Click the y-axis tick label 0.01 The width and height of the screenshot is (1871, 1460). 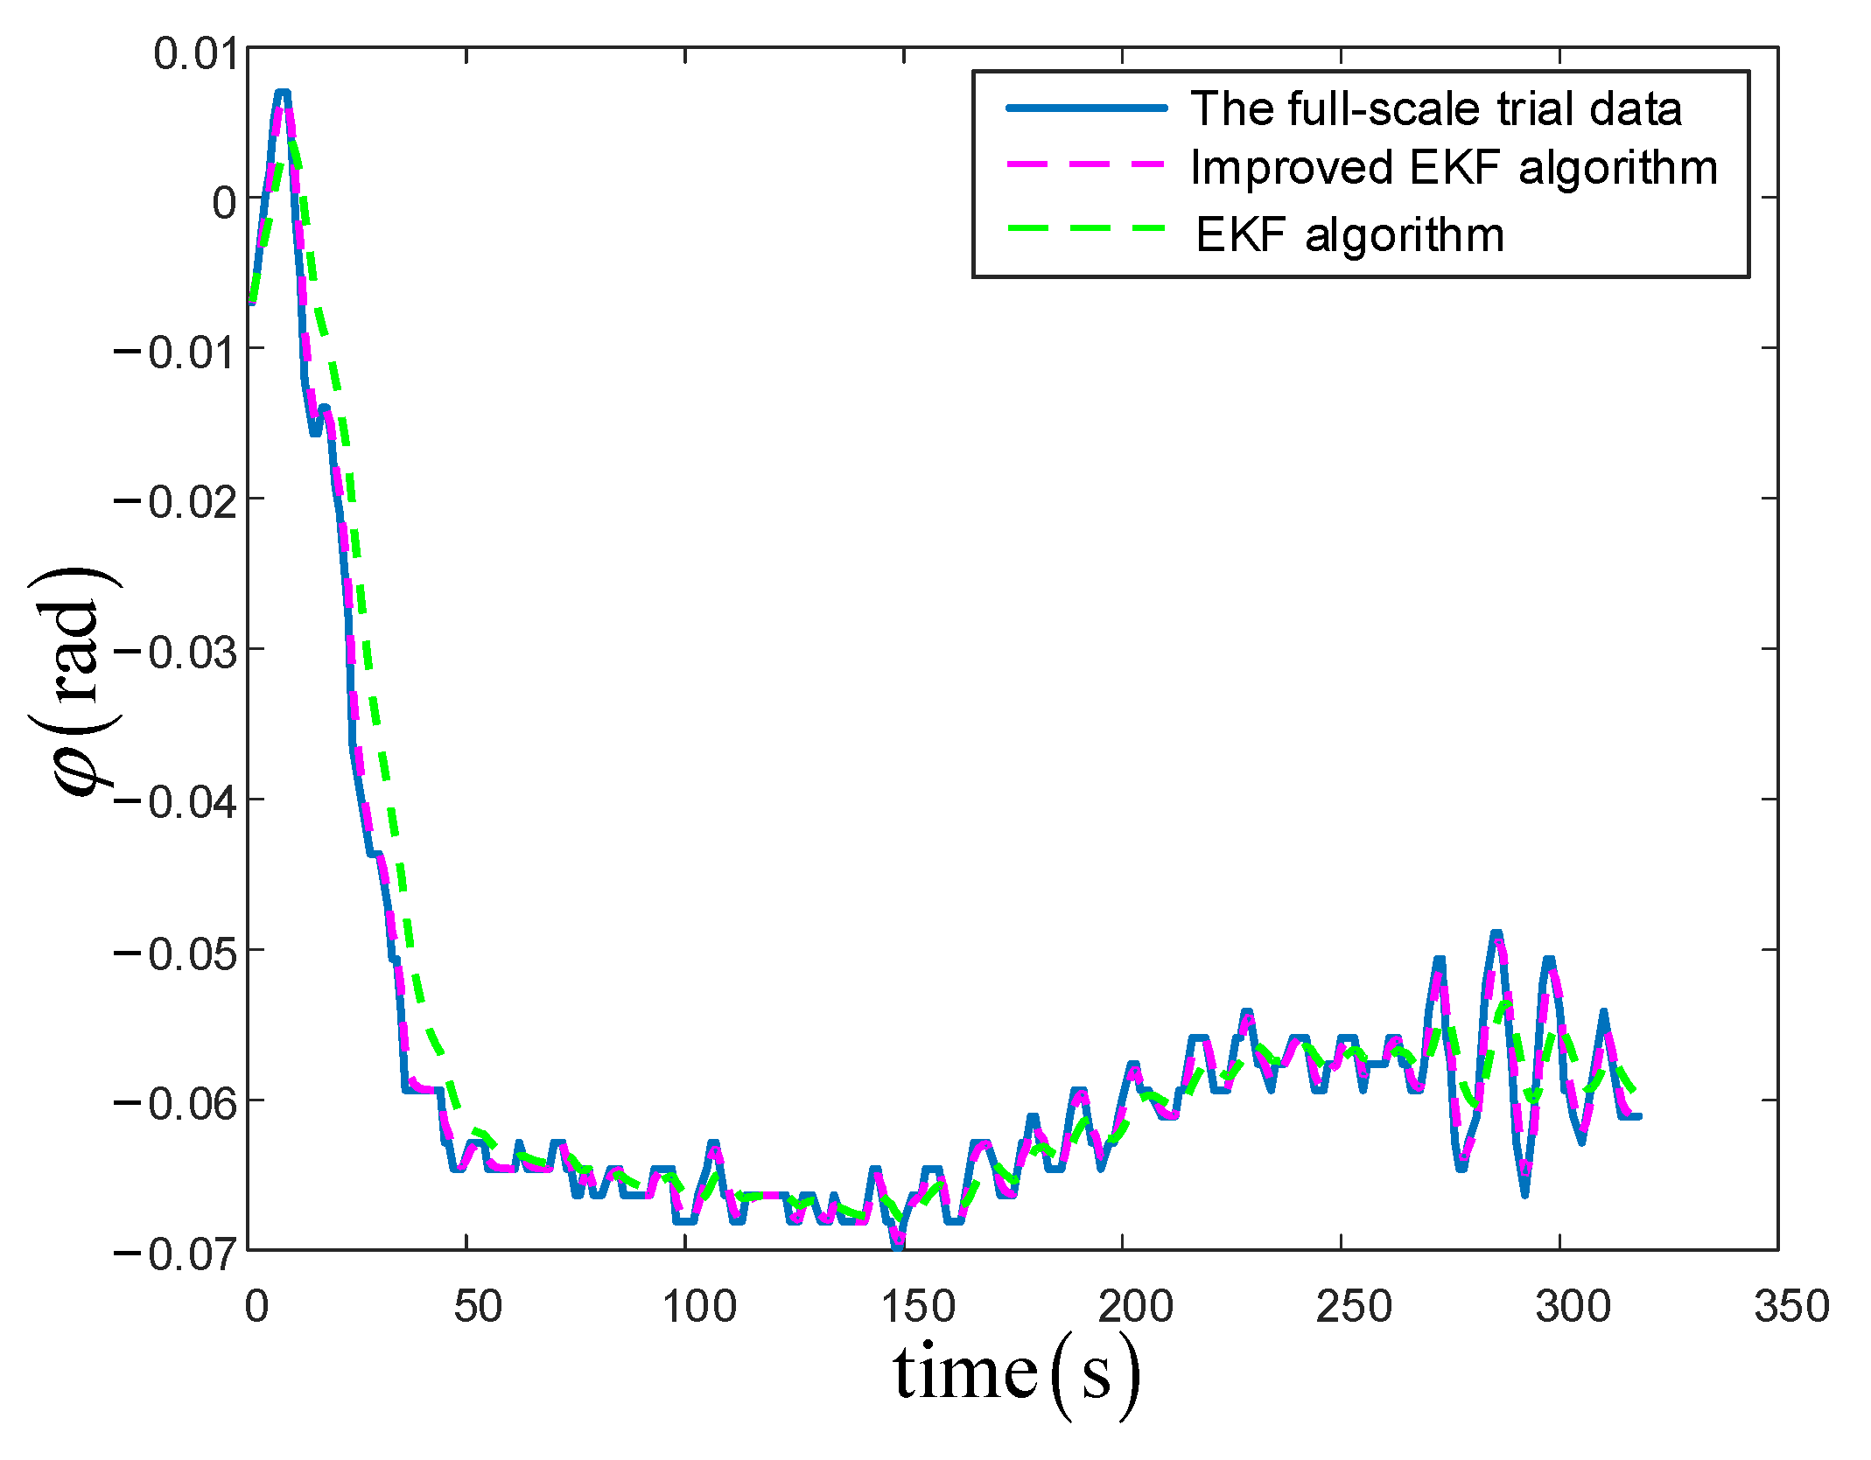[195, 54]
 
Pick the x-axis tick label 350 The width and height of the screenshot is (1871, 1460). [1791, 1307]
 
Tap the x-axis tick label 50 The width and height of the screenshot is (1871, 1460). [477, 1307]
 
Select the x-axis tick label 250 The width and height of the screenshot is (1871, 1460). [1353, 1307]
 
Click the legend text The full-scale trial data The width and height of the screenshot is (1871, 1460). [1435, 109]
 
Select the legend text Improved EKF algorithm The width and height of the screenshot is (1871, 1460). [1454, 168]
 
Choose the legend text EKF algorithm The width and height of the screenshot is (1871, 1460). [1349, 234]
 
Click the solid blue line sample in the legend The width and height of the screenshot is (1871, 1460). [1086, 108]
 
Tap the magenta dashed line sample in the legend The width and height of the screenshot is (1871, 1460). [1086, 165]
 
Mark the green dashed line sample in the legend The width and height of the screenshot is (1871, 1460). [1086, 227]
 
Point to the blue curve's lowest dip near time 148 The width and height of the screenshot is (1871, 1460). [897, 1245]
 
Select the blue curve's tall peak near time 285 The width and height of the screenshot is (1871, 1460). [1496, 934]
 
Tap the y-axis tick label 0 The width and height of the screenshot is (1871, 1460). [224, 204]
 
